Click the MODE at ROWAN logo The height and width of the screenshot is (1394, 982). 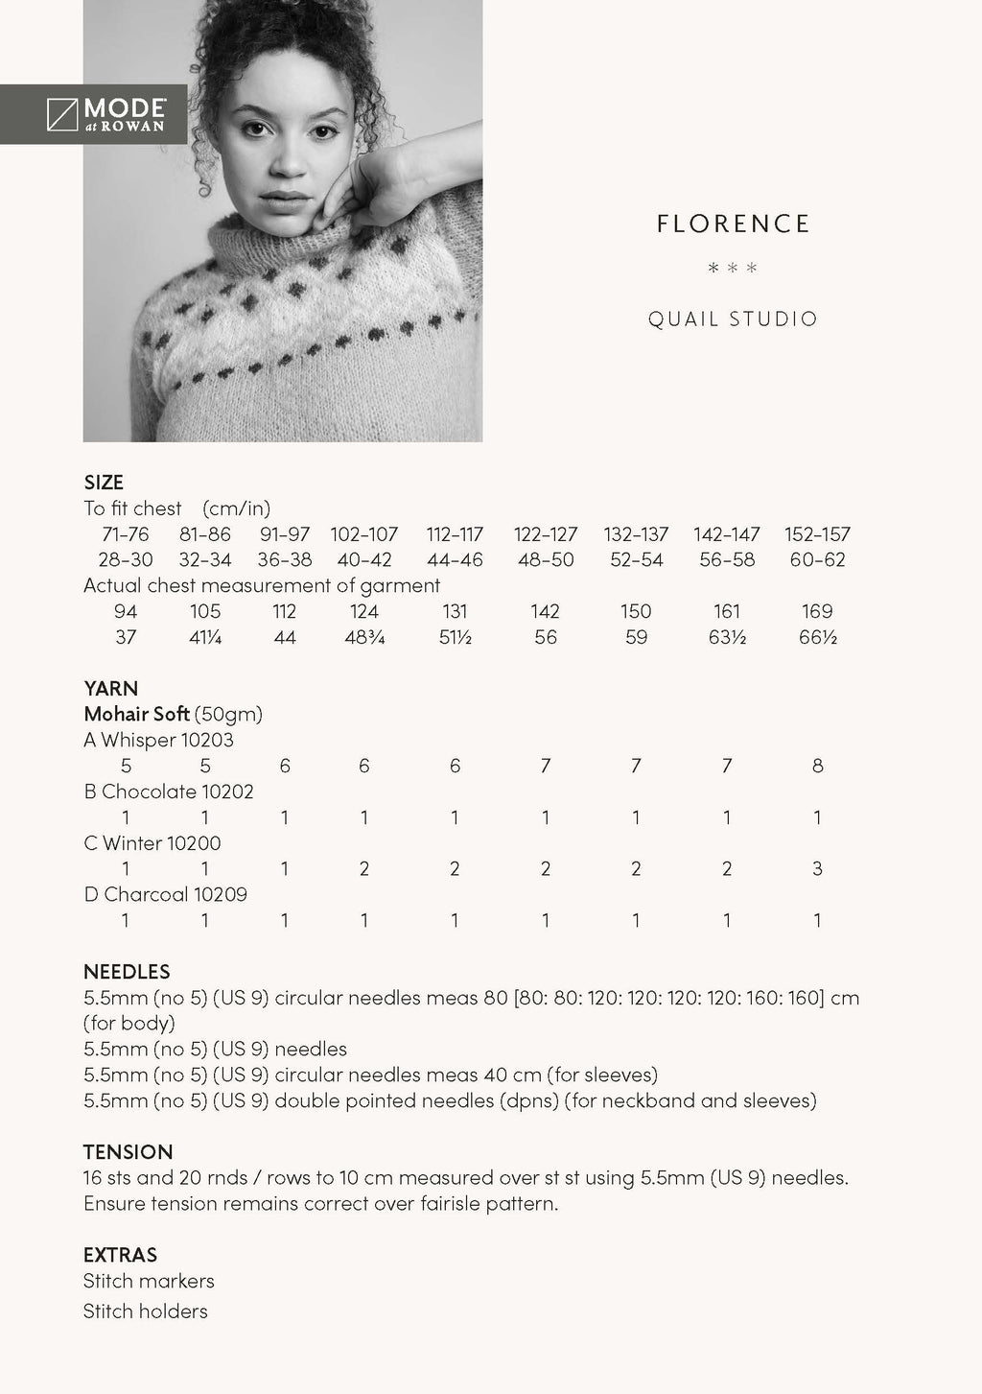(105, 114)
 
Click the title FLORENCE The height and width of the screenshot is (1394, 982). (734, 224)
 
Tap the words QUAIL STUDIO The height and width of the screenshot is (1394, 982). (733, 319)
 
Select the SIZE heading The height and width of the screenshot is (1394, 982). (104, 482)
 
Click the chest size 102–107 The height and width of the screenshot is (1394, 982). (363, 534)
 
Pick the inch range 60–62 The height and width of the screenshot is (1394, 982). (817, 559)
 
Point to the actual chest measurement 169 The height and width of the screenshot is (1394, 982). (817, 611)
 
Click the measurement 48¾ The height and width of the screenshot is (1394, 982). (363, 637)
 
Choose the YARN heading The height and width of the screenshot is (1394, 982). (110, 688)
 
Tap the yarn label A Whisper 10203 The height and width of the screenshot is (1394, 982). (158, 740)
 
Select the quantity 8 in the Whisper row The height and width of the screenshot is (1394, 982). (817, 766)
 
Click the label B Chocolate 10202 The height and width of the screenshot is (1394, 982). (169, 792)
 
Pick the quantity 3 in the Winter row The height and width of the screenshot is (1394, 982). (817, 868)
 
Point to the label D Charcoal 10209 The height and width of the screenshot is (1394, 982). (165, 894)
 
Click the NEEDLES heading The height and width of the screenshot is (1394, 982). (127, 971)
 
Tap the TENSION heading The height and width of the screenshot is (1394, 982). (128, 1151)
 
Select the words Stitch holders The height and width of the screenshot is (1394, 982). (145, 1311)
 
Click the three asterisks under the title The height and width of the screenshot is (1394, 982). (733, 268)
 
